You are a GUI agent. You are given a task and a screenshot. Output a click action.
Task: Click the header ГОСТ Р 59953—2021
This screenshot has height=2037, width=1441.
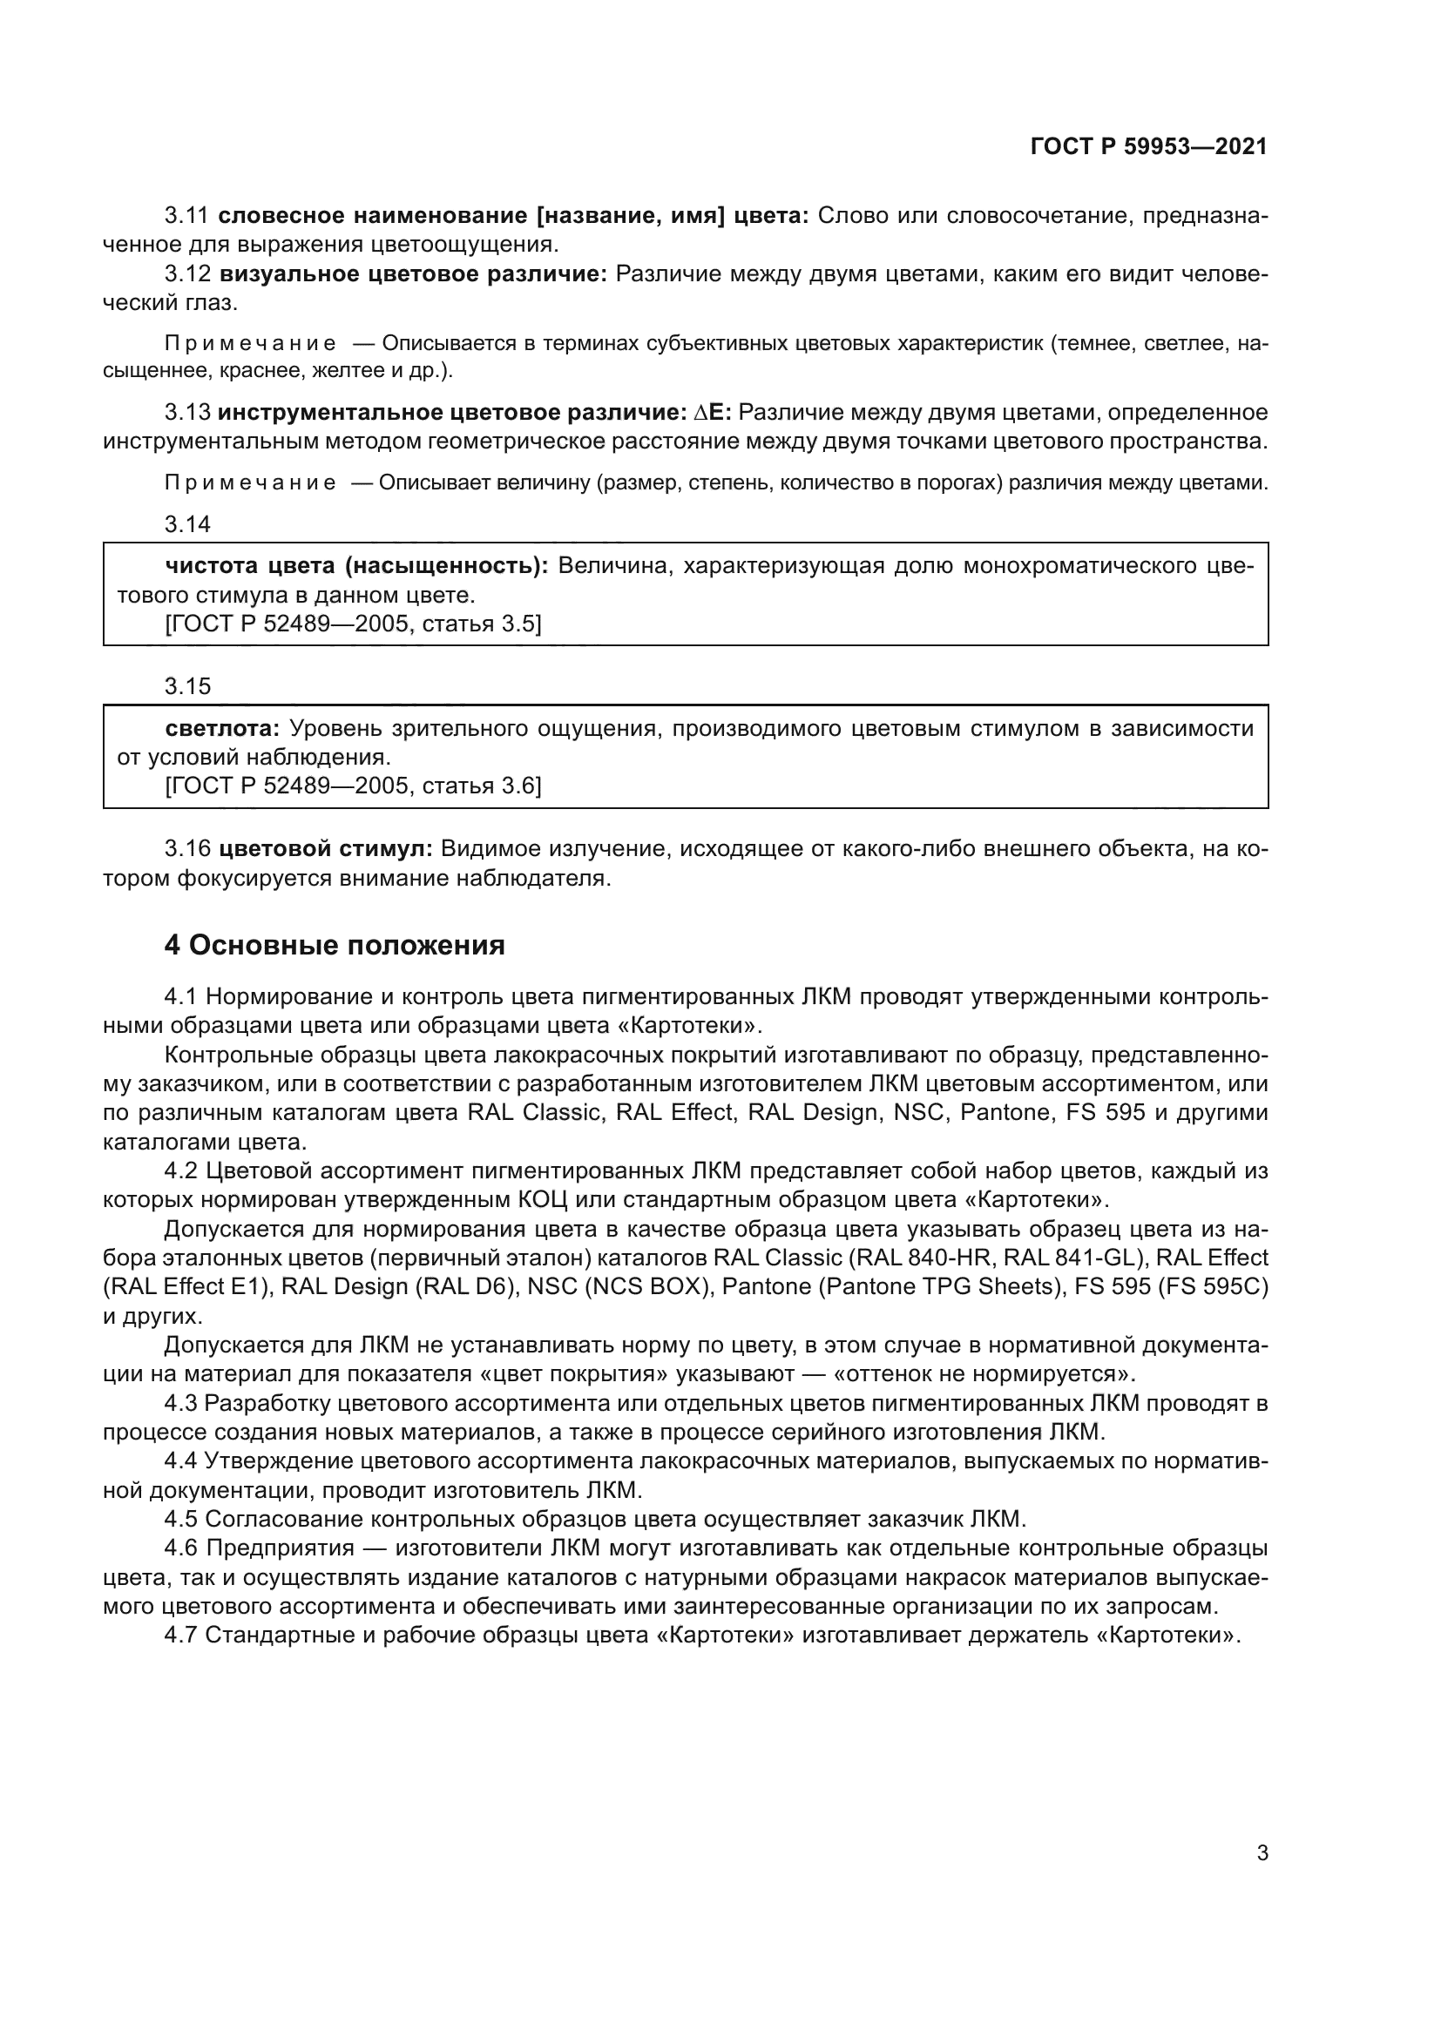pos(1148,147)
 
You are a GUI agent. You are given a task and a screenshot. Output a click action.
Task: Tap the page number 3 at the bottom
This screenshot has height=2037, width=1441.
pos(1262,1828)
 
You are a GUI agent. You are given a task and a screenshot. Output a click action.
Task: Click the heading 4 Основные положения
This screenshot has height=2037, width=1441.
pos(335,945)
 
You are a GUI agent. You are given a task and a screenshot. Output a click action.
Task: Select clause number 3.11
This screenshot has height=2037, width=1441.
pos(186,216)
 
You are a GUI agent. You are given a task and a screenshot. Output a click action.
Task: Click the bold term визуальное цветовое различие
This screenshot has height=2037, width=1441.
pos(413,274)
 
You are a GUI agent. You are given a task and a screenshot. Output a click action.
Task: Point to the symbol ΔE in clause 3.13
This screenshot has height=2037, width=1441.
pos(710,413)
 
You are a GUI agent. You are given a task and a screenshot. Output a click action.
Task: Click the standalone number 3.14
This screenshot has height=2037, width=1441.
pos(187,524)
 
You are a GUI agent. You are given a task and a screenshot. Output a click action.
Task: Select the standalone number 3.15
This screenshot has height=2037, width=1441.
pos(187,685)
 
